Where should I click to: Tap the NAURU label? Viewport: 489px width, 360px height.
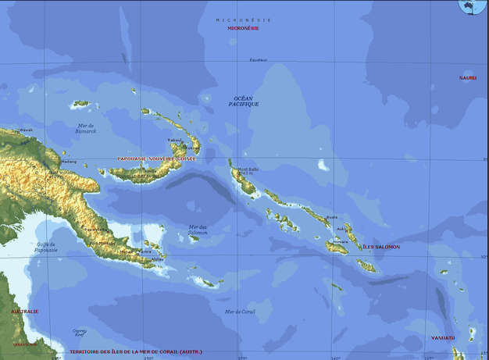[x=468, y=77]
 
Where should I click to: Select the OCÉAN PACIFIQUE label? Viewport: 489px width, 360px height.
[x=244, y=101]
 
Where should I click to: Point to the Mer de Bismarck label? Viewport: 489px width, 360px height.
[x=87, y=128]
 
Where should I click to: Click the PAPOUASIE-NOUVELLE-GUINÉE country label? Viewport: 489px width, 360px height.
[x=155, y=159]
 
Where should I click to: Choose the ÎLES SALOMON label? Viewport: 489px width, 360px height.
[x=381, y=247]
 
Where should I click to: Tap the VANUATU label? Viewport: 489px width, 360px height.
[x=442, y=338]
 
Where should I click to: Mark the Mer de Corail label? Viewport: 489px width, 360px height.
[x=240, y=312]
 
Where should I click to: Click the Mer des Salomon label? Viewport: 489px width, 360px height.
[x=198, y=230]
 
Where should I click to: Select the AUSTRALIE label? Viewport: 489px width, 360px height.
[x=24, y=311]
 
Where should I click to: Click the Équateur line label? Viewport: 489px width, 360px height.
[x=258, y=60]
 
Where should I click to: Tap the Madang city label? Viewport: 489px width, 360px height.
[x=69, y=162]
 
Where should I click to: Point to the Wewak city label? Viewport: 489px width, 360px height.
[x=26, y=130]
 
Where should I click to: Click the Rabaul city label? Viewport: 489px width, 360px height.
[x=174, y=141]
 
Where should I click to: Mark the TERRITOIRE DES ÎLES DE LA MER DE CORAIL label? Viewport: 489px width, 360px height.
[x=136, y=352]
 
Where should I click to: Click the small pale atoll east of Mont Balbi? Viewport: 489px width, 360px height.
[x=323, y=165]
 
